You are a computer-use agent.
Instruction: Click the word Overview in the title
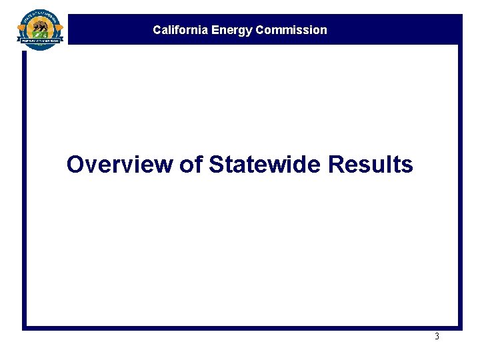click(x=120, y=164)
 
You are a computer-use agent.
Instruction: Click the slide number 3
click(x=437, y=337)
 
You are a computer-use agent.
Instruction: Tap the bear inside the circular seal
click(x=40, y=27)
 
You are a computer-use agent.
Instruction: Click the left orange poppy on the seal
click(x=22, y=29)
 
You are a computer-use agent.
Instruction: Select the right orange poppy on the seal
click(x=59, y=29)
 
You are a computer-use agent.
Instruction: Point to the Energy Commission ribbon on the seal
click(x=41, y=40)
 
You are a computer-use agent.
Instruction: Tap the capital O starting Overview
click(x=75, y=164)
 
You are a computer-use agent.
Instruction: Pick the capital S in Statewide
click(x=216, y=164)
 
